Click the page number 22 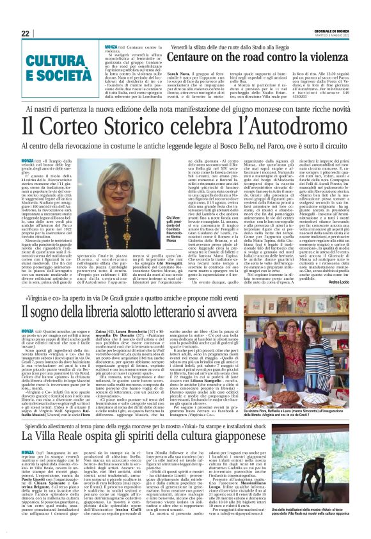click(25, 33)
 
